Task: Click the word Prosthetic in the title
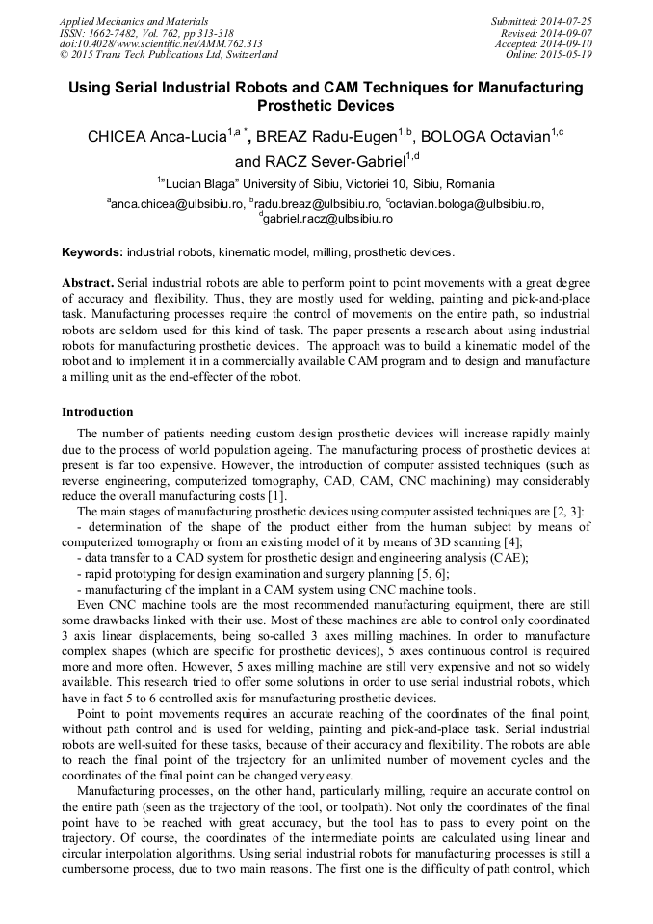click(x=290, y=106)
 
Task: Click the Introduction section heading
click(x=97, y=412)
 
